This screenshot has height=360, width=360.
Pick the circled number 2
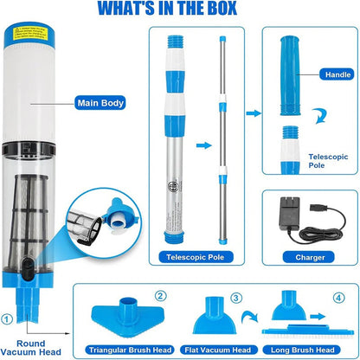161,297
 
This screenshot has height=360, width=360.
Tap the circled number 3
234,297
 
